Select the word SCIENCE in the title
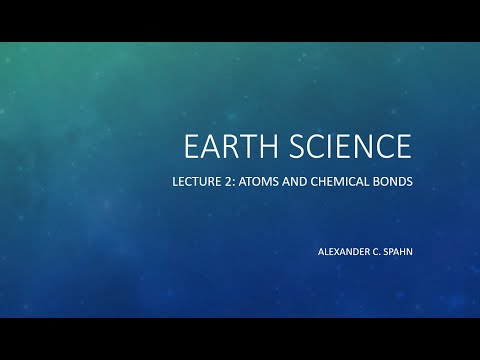(349, 147)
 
